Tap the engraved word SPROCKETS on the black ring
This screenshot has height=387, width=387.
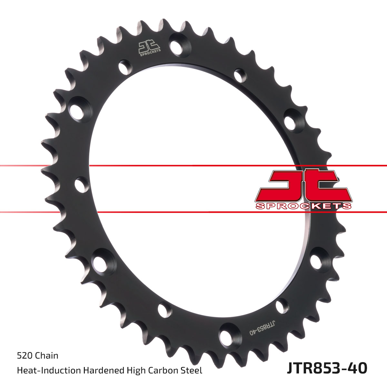pos(150,53)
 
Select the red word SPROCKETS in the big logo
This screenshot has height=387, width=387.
pos(303,206)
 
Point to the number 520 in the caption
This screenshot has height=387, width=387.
pos(25,356)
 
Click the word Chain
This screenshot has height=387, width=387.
pos(46,356)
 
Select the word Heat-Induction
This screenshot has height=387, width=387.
pos(49,371)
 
